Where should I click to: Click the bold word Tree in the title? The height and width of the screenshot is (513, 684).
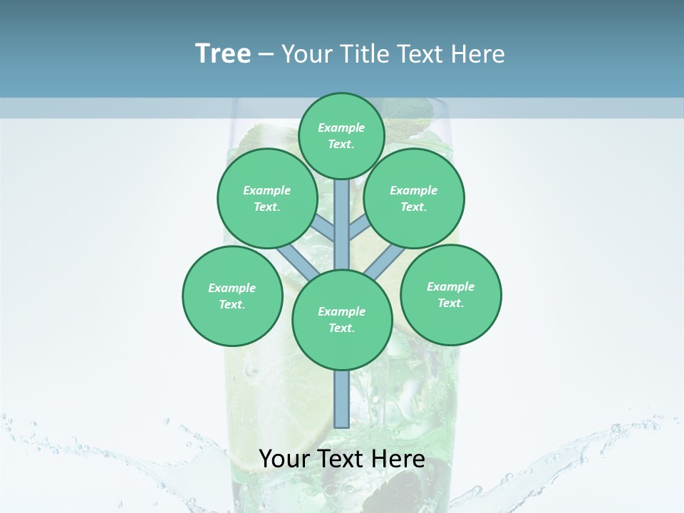coord(223,53)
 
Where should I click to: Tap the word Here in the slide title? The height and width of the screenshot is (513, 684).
coord(479,54)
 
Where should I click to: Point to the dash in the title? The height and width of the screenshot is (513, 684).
coord(266,55)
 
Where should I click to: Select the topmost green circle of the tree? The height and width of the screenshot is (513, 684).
coord(341,135)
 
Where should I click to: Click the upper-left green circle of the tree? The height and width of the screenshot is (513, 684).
coord(266,198)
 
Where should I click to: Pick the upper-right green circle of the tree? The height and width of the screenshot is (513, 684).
coord(414,198)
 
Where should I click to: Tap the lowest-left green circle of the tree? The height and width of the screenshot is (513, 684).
coord(232,296)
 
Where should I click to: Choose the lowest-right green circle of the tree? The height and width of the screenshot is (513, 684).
coord(450,294)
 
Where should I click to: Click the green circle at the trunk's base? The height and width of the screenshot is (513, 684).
coord(342,320)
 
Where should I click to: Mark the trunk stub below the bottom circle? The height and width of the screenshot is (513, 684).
coord(342,399)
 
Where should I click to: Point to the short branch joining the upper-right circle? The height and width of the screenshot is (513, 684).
coord(361,227)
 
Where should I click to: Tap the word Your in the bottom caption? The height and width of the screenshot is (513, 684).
coord(284,459)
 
